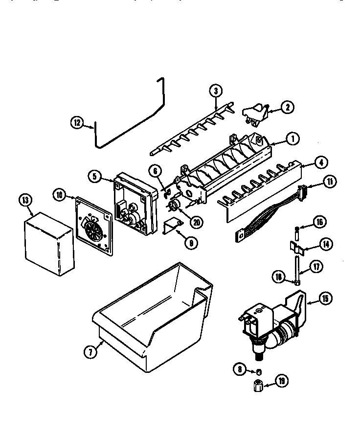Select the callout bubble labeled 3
coord(215,91)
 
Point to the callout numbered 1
coord(292,139)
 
